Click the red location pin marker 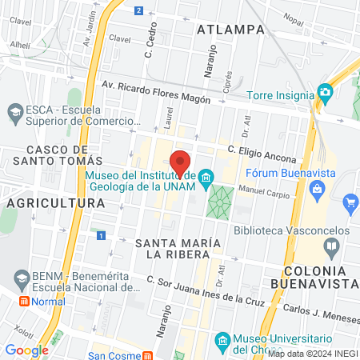(x=180, y=162)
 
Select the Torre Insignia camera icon (x=324, y=92)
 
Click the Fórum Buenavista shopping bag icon (x=318, y=189)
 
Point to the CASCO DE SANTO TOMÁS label (x=56, y=156)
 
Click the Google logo (x=26, y=350)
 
